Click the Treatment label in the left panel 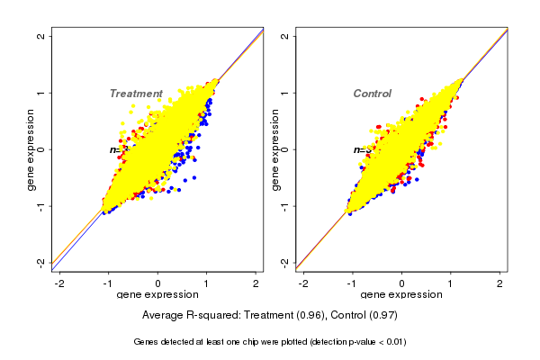[136, 94]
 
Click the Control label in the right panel [373, 94]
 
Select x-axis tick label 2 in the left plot [257, 284]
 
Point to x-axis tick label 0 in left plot [158, 284]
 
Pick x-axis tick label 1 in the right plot [452, 284]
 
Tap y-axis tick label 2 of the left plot [41, 37]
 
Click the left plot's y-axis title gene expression [31, 149]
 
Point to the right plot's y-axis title [274, 149]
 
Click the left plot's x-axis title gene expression [158, 296]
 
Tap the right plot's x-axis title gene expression [401, 296]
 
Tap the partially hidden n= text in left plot [115, 149]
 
